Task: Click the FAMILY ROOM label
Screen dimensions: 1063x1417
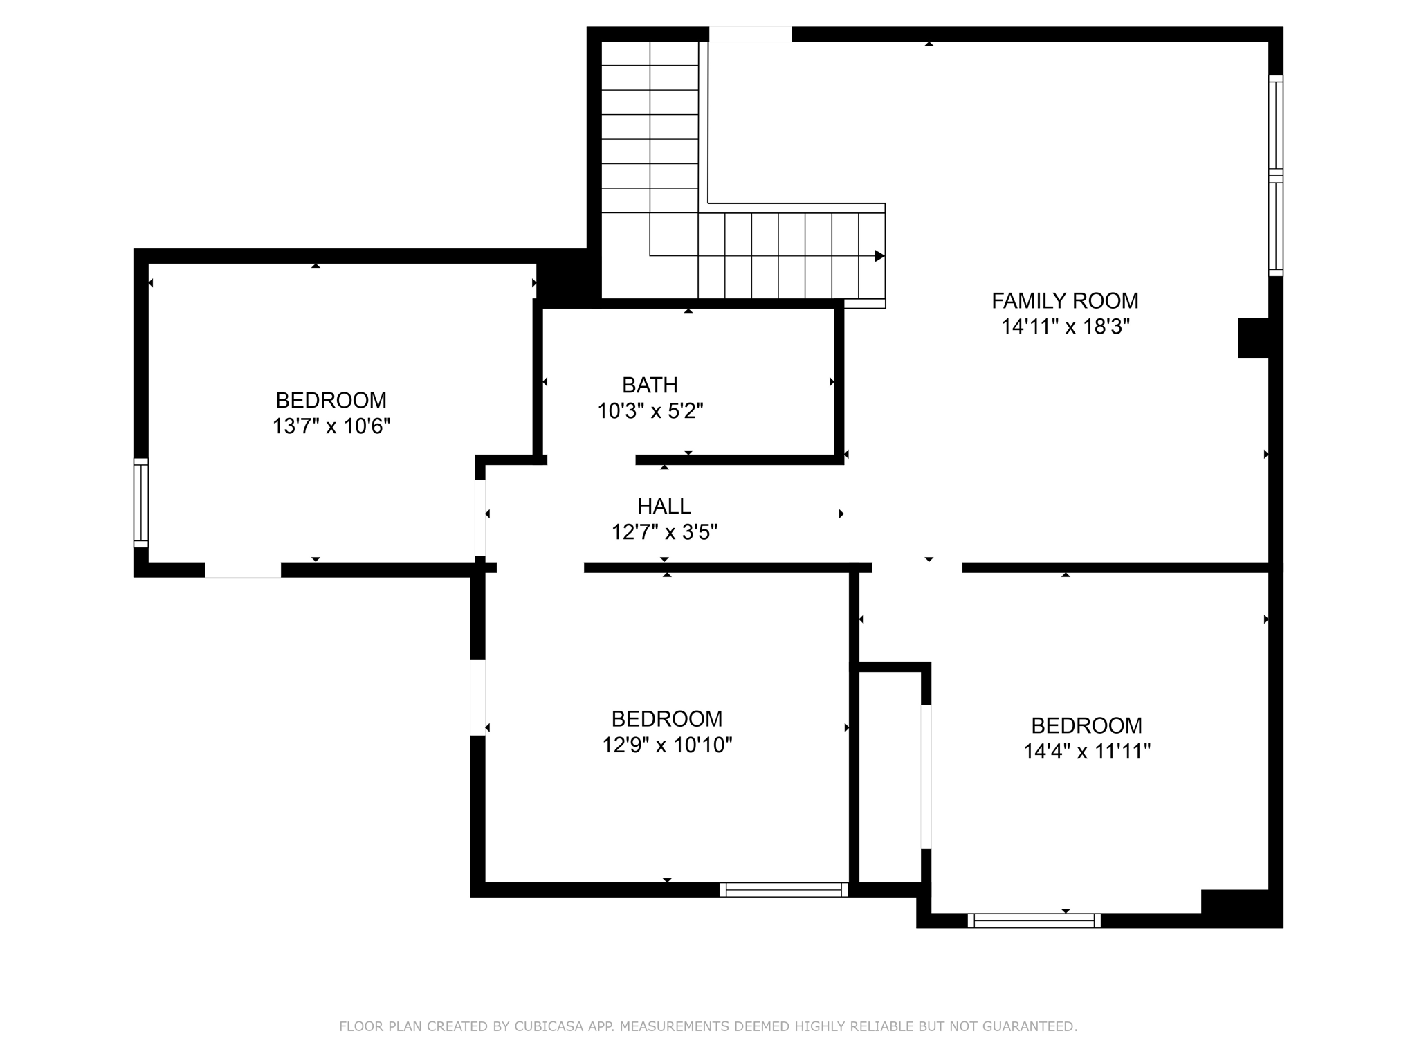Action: [1065, 301]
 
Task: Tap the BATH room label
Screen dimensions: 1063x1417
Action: [650, 385]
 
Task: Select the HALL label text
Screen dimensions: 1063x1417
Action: [664, 507]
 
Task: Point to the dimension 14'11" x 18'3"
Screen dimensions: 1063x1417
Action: [1065, 327]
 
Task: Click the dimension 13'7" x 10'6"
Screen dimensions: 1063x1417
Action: [331, 426]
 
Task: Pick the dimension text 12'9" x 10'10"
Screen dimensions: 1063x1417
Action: [667, 745]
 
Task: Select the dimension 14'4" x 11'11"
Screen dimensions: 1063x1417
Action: [1086, 752]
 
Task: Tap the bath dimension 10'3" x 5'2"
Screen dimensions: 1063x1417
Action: [650, 412]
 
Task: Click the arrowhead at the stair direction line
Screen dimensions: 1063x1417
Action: [879, 256]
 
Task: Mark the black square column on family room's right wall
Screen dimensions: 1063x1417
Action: [1252, 338]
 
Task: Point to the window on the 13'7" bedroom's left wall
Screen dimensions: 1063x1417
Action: [140, 502]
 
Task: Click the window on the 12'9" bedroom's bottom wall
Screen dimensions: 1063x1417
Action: [783, 890]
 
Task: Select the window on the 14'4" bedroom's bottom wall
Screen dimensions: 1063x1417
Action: [1034, 920]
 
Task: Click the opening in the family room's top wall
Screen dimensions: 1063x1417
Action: [750, 34]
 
